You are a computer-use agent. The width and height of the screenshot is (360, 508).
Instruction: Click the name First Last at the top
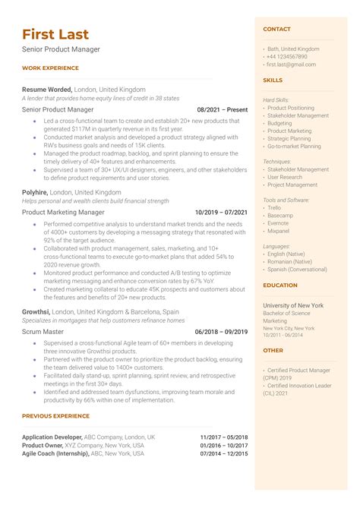tap(55, 34)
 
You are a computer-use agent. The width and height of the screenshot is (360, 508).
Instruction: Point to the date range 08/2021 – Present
tap(222, 109)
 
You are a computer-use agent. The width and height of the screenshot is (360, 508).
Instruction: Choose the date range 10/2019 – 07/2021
tap(221, 213)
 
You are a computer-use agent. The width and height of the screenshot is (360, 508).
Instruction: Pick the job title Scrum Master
tap(43, 331)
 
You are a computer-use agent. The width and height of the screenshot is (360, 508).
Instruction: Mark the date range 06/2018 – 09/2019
tap(221, 331)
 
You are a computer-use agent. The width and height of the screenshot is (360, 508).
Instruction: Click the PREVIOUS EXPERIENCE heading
tap(55, 416)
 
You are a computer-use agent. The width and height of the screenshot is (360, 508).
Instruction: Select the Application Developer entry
tap(55, 437)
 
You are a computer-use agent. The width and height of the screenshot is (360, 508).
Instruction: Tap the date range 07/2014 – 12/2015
tap(224, 453)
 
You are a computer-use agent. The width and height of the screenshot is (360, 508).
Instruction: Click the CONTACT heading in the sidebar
tap(276, 30)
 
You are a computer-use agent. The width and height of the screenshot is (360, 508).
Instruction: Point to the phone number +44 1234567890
tap(287, 57)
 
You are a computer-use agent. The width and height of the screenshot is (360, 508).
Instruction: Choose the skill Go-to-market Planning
tap(294, 147)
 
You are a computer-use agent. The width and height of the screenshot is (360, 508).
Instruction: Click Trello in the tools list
tap(274, 207)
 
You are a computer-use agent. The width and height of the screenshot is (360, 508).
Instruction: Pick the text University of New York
tap(293, 304)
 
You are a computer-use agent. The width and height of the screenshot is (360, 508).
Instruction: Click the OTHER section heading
tap(273, 351)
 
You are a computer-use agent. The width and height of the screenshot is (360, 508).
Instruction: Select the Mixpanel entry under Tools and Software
tap(279, 230)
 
